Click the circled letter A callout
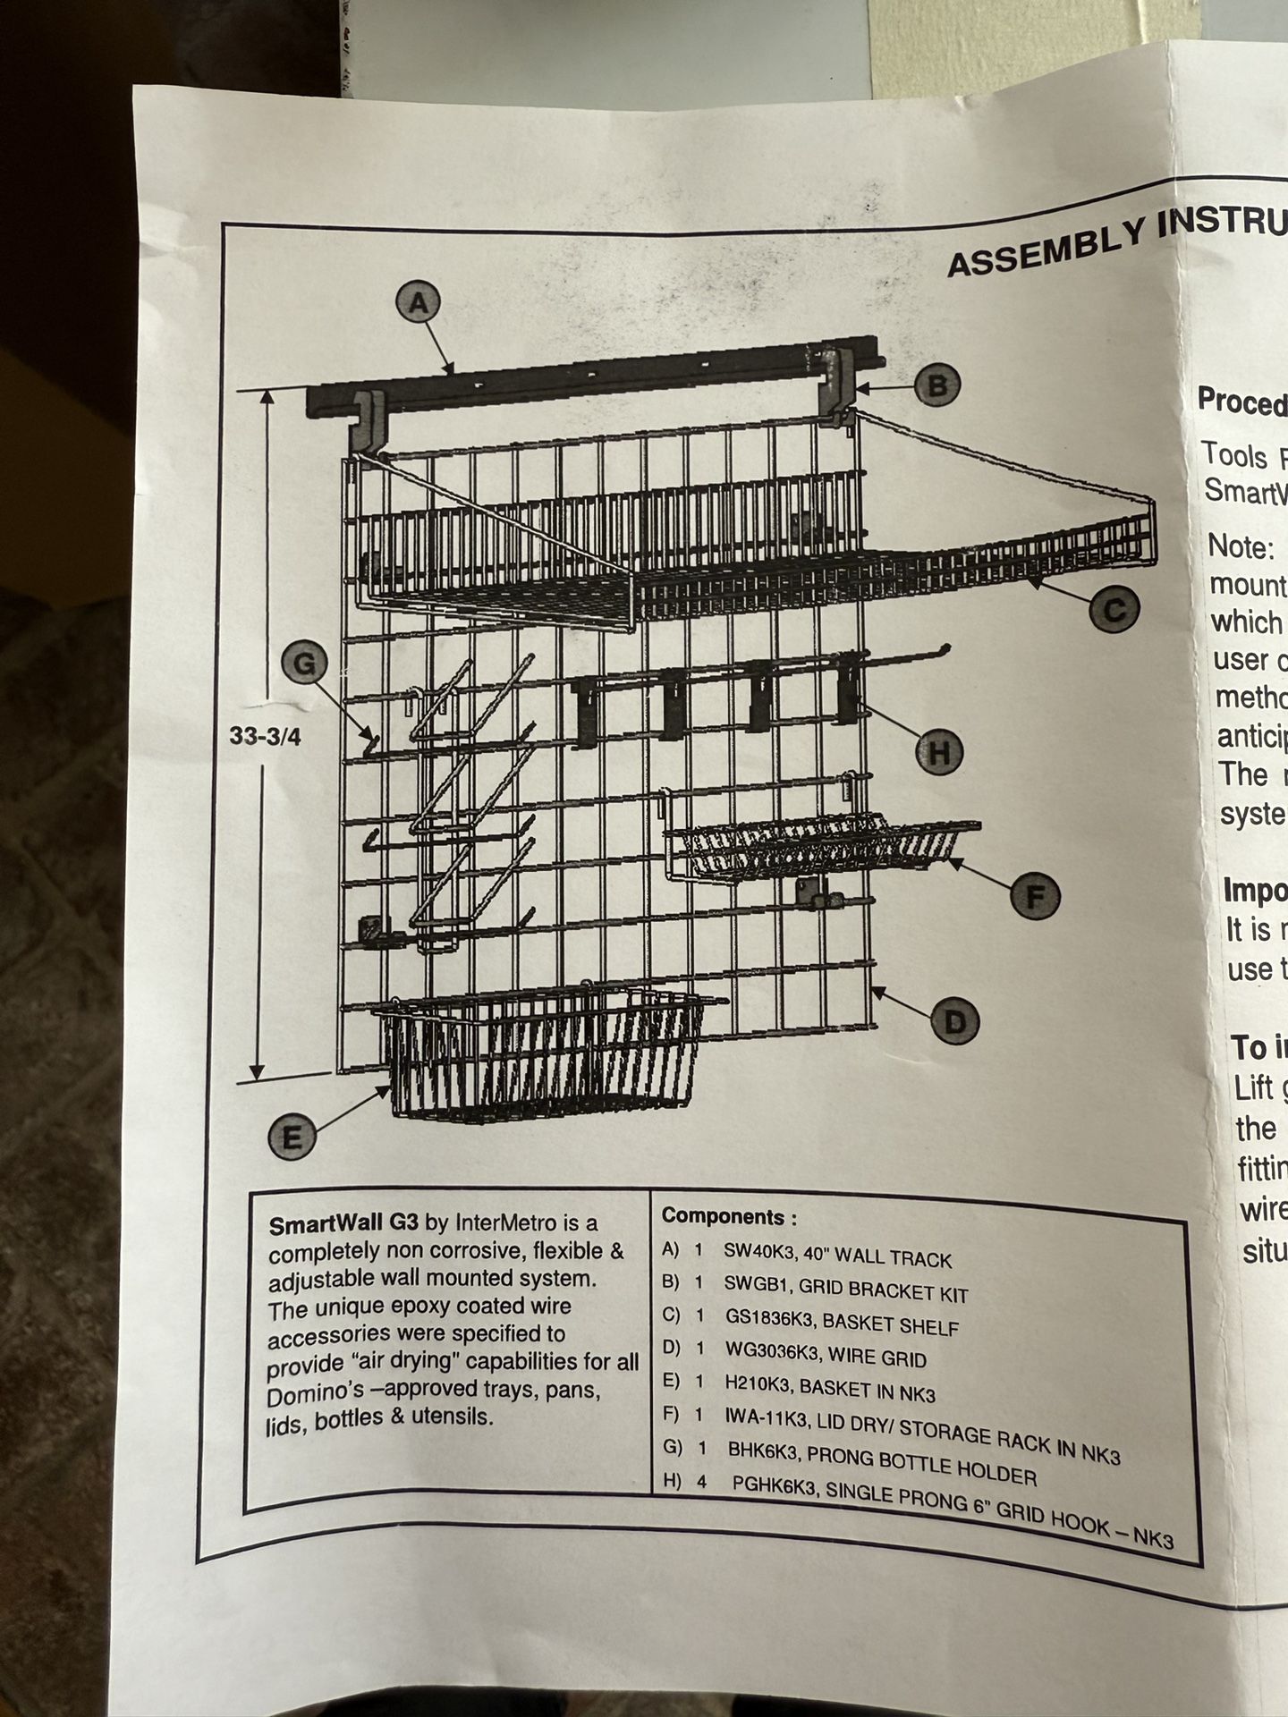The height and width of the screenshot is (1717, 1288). point(419,304)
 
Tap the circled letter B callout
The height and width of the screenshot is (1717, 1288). point(936,386)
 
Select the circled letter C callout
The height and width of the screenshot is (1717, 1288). point(1114,610)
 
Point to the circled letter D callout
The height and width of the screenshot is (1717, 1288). point(954,1021)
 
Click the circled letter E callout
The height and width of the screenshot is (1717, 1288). point(292,1138)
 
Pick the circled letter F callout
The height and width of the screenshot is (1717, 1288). point(1035,895)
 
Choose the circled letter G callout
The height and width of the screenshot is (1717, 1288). point(305,664)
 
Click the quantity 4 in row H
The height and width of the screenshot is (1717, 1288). point(702,1482)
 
